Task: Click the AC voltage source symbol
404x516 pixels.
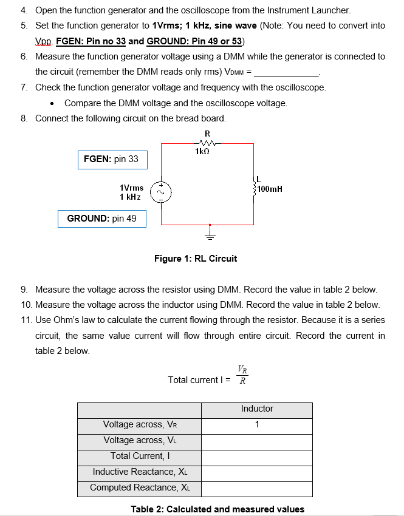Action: [161, 192]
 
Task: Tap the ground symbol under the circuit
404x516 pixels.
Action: [210, 234]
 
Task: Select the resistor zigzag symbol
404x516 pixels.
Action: [207, 143]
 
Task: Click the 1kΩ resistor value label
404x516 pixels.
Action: [202, 151]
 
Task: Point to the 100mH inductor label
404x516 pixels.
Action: [270, 189]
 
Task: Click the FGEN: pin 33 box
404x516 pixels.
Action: [112, 160]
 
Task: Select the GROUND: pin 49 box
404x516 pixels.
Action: [102, 219]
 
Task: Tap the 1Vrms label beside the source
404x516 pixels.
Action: [132, 188]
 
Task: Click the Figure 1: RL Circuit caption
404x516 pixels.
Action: [196, 259]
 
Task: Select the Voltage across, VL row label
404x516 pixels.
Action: [140, 440]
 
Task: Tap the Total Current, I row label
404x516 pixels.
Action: [140, 456]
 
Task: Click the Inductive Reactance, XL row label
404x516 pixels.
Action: [140, 472]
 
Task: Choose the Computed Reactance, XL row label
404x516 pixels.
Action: [140, 487]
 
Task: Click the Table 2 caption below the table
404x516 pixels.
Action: [217, 509]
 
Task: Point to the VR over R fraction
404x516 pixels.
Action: [242, 375]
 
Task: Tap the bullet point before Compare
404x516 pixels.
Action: [52, 104]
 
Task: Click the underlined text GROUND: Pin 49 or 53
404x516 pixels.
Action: [194, 41]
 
